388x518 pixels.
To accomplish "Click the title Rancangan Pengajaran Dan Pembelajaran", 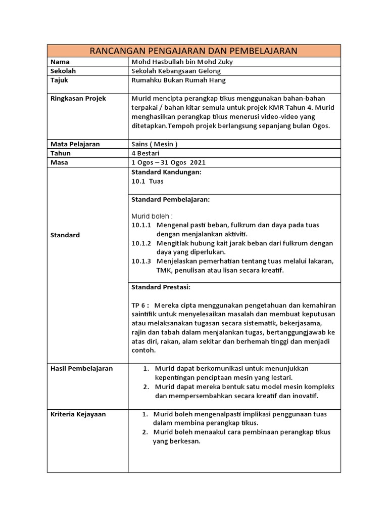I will tap(193, 51).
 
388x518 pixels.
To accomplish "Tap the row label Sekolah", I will tap(63, 71).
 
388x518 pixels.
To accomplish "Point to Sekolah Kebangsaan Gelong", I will tap(176, 71).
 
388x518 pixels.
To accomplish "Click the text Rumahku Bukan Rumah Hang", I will tap(178, 80).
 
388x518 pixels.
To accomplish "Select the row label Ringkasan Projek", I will tap(78, 98).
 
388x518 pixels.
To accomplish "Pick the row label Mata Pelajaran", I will tap(75, 144).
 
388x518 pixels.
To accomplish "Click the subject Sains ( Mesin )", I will tap(154, 144).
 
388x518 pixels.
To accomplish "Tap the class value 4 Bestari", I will tap(145, 153).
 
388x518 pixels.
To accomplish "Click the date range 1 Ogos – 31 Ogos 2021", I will tap(168, 162).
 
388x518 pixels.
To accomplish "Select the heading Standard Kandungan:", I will tap(166, 172).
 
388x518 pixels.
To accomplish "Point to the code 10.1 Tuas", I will tap(148, 181).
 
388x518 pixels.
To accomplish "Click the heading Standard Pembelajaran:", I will tap(170, 200).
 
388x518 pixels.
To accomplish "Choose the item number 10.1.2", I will tap(141, 243).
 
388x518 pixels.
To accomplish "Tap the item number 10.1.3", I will tap(141, 261).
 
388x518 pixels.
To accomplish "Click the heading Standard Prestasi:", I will tap(161, 287).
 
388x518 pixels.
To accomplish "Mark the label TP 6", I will tap(140, 305).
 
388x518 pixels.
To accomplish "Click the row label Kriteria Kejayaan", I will tap(78, 414).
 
